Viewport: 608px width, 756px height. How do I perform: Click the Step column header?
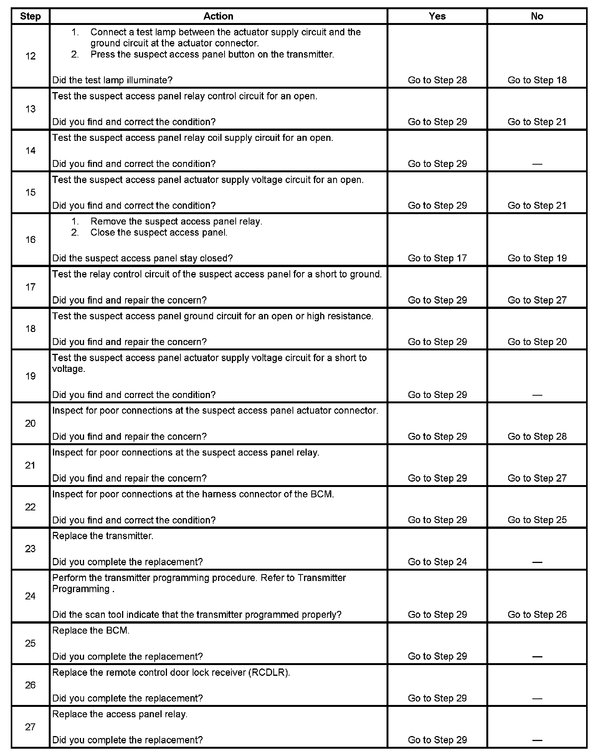30,17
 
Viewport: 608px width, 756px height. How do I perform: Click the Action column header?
218,16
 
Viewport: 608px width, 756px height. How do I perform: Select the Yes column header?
437,16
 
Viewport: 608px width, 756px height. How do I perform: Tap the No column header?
537,16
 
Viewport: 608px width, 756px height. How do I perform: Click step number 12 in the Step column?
30,56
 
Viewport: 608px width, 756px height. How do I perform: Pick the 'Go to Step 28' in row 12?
437,80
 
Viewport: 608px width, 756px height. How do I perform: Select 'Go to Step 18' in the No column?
537,80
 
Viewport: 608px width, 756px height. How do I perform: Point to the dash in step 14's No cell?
537,164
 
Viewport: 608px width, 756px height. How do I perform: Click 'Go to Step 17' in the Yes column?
437,258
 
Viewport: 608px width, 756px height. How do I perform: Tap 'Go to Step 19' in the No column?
537,258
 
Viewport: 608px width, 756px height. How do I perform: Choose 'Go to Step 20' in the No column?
537,342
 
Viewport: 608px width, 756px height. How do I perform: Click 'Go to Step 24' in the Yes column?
437,562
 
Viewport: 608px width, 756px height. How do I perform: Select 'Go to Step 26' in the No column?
537,614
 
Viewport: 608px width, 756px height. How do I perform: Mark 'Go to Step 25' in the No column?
537,520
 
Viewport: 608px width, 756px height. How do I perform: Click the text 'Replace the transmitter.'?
102,536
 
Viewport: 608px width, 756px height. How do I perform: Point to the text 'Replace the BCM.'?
91,631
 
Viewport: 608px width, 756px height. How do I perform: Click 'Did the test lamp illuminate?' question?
112,80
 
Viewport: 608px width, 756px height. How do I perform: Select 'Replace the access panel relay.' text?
119,714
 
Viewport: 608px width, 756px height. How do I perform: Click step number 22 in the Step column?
30,507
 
